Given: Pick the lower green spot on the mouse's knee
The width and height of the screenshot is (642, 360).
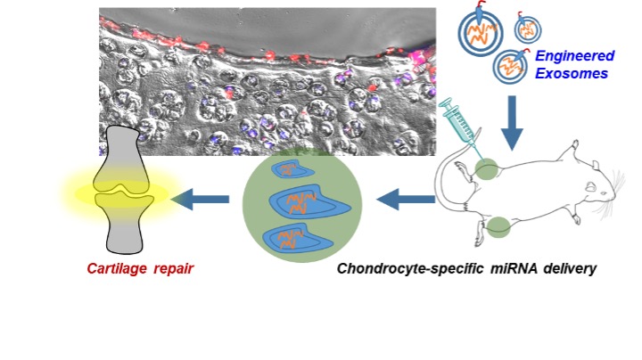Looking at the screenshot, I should [498, 228].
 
